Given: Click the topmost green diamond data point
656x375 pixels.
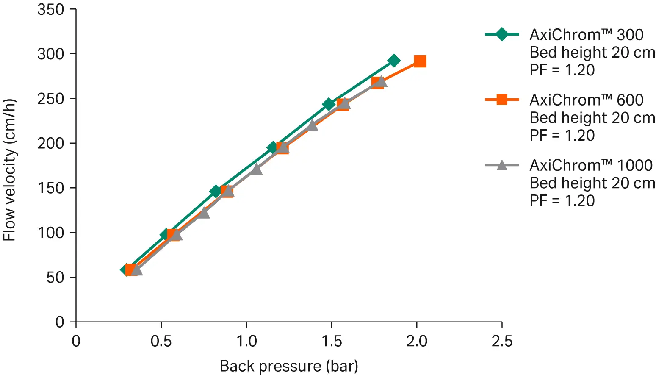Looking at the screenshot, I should (394, 61).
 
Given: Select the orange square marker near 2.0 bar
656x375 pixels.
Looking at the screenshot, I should (420, 61).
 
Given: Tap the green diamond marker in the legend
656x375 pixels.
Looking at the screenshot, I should (502, 34).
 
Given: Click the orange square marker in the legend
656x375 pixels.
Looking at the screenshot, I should (502, 100).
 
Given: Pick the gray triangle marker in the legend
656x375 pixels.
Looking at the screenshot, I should (502, 165).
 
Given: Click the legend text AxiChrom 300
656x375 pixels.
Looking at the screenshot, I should (586, 35).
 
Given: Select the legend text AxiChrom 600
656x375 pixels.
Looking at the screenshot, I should (586, 100).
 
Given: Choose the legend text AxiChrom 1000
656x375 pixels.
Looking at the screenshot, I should (591, 165).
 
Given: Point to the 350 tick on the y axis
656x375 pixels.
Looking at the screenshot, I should (50, 9).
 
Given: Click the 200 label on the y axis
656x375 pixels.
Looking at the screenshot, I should (50, 143).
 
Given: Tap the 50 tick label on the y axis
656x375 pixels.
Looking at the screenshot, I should (55, 277).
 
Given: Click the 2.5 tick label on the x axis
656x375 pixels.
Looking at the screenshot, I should (502, 341).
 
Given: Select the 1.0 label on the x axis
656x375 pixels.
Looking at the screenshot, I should (246, 341).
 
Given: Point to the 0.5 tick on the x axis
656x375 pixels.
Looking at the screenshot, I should (161, 341).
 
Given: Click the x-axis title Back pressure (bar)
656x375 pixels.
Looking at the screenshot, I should (289, 366).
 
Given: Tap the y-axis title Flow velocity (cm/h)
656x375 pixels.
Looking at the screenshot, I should (9, 169).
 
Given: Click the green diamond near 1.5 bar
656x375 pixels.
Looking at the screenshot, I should (328, 104).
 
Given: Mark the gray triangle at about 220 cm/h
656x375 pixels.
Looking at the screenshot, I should (312, 125).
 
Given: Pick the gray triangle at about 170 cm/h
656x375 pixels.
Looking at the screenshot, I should (256, 169).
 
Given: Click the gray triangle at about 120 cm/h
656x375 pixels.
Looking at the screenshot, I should (204, 212).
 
